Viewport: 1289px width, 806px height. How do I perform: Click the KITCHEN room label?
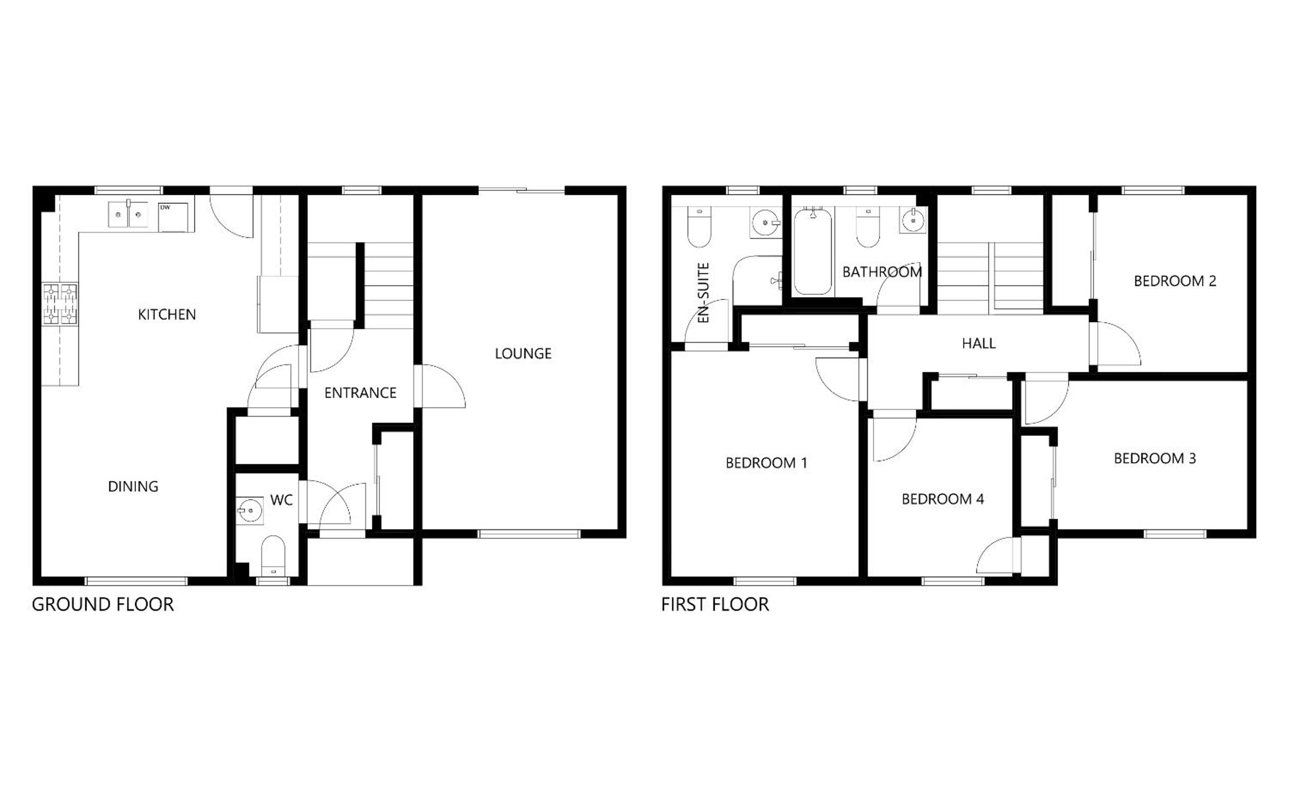pos(167,314)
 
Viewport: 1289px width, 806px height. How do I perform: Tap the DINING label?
pos(133,486)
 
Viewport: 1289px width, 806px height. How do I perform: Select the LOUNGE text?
pos(523,353)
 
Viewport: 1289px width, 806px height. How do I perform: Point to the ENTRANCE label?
pos(360,393)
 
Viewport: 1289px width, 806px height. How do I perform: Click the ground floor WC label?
pos(281,500)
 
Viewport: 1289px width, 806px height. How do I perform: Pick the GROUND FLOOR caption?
pos(103,604)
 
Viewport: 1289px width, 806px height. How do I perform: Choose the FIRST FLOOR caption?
pos(715,604)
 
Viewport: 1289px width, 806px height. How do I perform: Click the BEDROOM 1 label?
pos(766,463)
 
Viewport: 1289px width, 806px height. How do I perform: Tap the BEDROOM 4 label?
pos(942,499)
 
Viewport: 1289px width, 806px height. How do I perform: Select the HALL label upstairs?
pos(979,343)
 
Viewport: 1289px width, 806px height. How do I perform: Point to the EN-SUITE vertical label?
pos(704,293)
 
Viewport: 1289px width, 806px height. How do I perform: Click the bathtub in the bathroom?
pos(812,251)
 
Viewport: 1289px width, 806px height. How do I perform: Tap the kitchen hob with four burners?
pos(60,304)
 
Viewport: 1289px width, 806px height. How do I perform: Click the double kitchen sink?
pos(128,214)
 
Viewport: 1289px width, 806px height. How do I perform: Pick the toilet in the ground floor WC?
pos(273,555)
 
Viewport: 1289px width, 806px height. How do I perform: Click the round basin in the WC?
pos(249,511)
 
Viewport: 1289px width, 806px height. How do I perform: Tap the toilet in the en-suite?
pos(699,227)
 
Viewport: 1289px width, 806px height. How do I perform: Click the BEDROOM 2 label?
pos(1175,281)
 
